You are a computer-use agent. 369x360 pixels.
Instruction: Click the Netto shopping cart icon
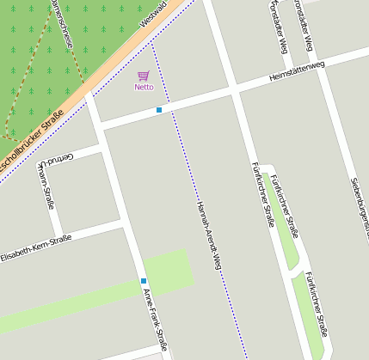coord(143,76)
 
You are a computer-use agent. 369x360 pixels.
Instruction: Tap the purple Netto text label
coord(144,87)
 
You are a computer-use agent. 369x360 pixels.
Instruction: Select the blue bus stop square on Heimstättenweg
coord(159,110)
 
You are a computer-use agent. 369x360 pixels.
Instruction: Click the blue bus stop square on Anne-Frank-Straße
coord(144,281)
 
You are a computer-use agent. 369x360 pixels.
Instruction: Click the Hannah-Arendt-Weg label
coord(209,237)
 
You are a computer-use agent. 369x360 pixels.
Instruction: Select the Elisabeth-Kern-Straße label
coord(36,247)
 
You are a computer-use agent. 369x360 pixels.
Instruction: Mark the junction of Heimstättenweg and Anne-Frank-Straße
coord(100,126)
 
